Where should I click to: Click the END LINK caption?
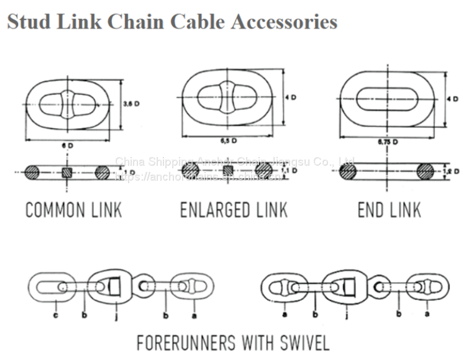[x=390, y=210]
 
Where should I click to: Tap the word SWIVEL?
[x=301, y=342]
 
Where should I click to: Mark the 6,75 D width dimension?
[x=388, y=142]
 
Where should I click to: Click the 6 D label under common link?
[x=66, y=145]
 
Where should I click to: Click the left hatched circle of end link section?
[x=349, y=172]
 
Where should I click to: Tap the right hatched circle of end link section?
[x=427, y=171]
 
